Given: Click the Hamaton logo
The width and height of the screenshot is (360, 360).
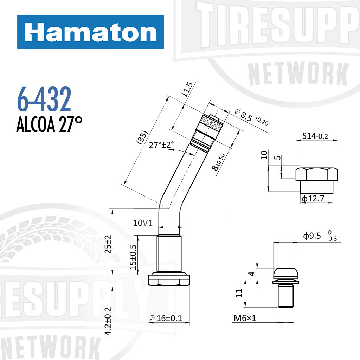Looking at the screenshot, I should tap(90, 32).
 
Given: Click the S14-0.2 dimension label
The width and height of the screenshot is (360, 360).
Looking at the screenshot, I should tap(315, 136).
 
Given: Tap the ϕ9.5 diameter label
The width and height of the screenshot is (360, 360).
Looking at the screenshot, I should tap(312, 236).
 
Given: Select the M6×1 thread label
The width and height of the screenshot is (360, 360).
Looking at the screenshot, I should tap(245, 318).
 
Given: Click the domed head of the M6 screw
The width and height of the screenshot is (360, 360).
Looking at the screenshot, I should tap(285, 274).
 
